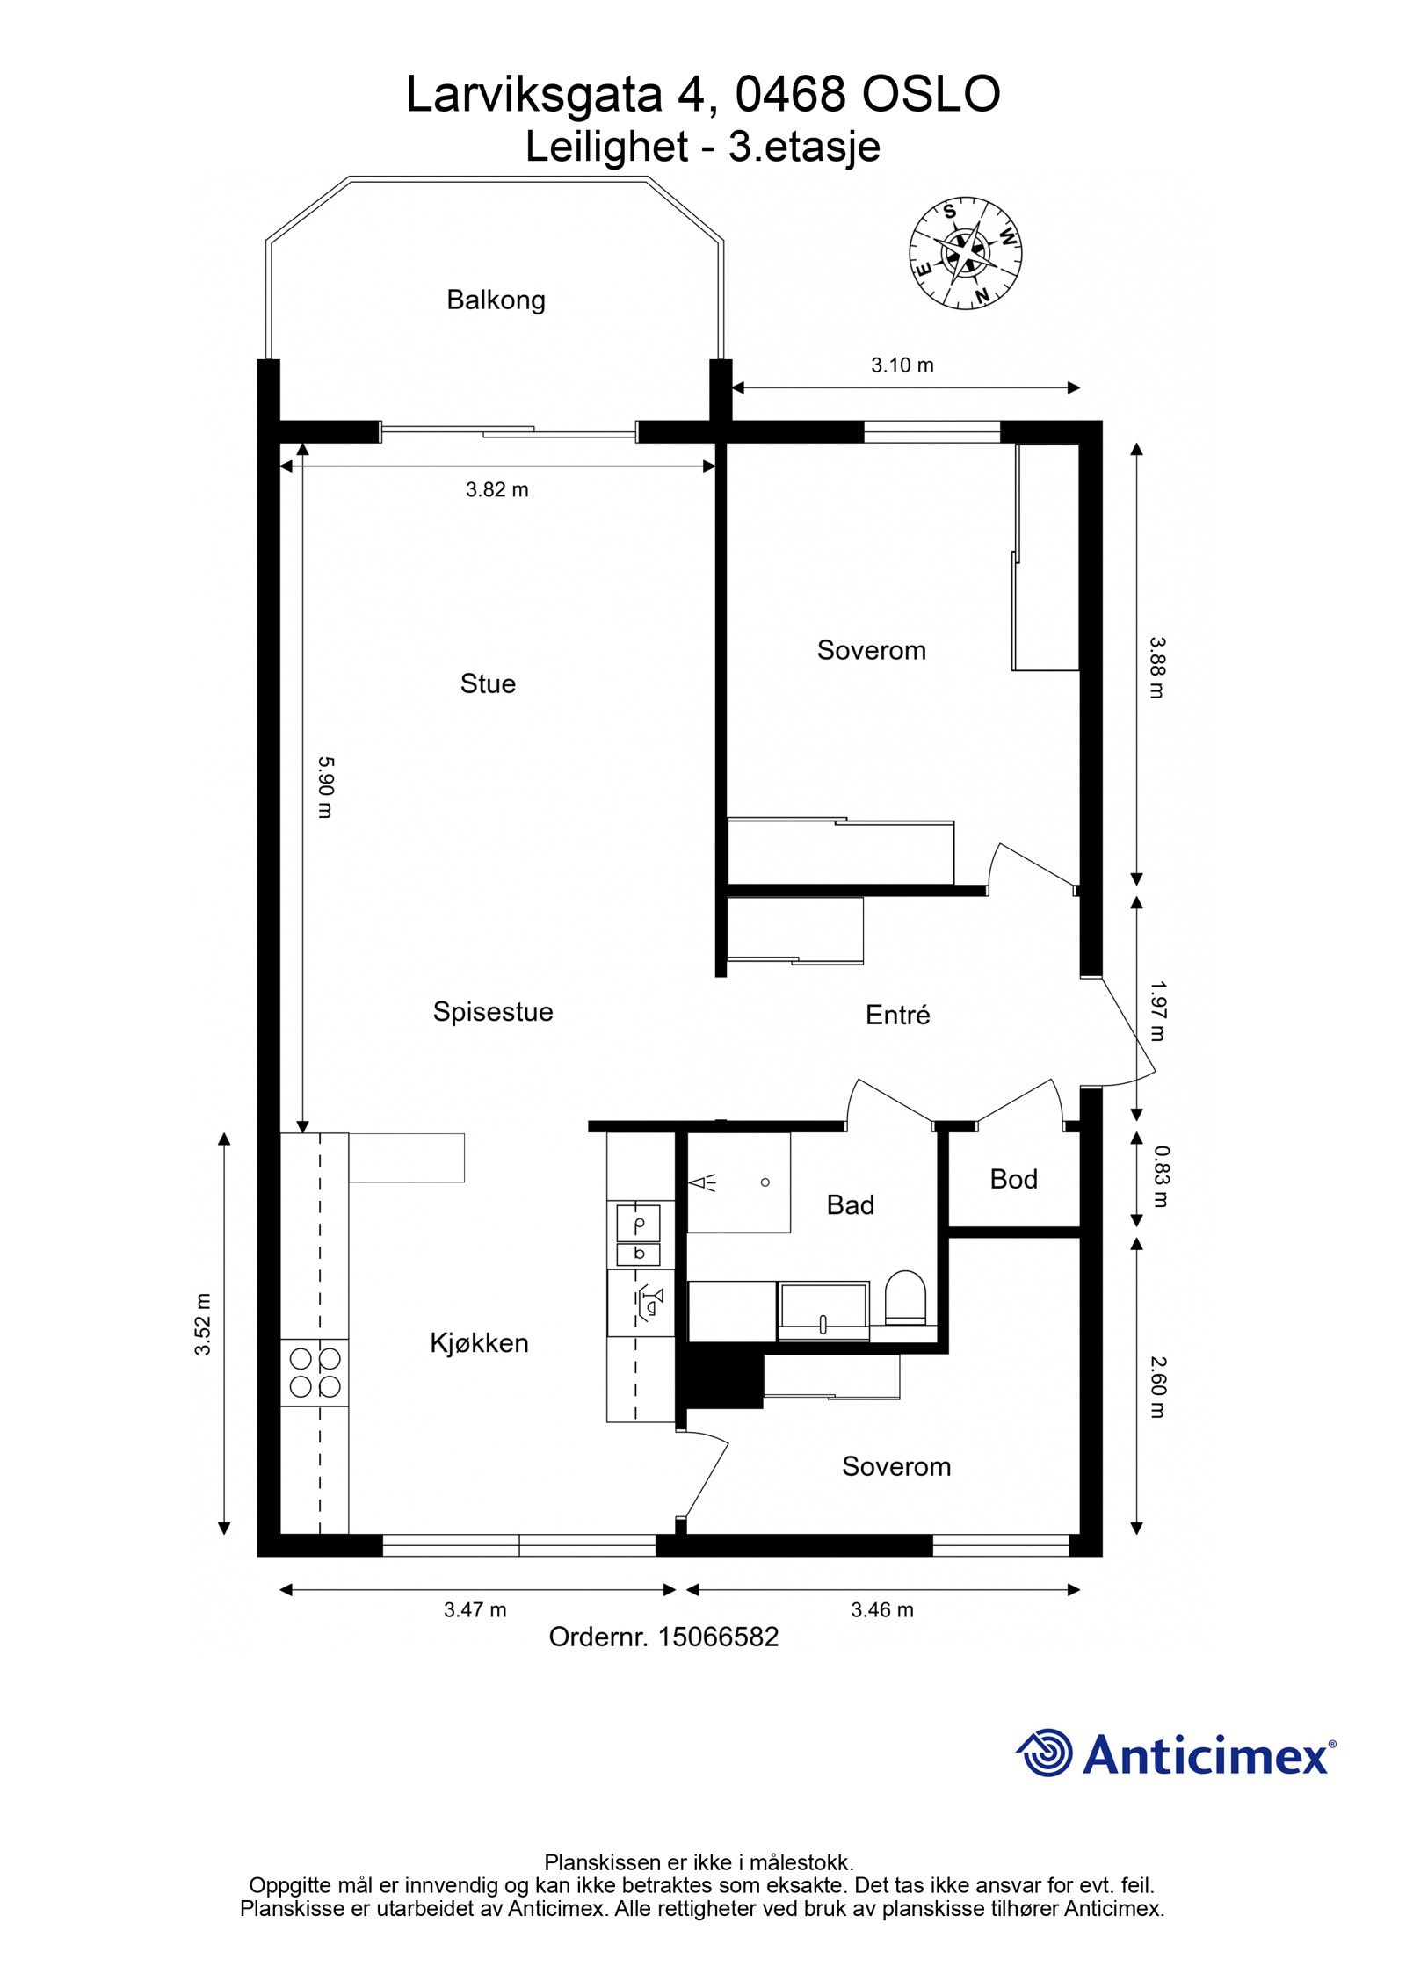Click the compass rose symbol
tap(964, 253)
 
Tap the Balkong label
tap(496, 300)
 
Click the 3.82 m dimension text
tap(496, 489)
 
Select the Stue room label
tap(488, 683)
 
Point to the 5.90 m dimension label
tap(324, 787)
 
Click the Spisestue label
tap(492, 1011)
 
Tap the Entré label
tap(897, 1015)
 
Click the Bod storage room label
tap(1013, 1179)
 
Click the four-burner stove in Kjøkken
tap(315, 1372)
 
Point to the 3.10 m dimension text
tap(902, 365)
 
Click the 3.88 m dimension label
tap(1156, 667)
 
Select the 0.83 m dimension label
tap(1161, 1176)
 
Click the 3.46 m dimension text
tap(881, 1609)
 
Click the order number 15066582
tap(718, 1637)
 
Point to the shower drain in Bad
tap(765, 1182)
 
